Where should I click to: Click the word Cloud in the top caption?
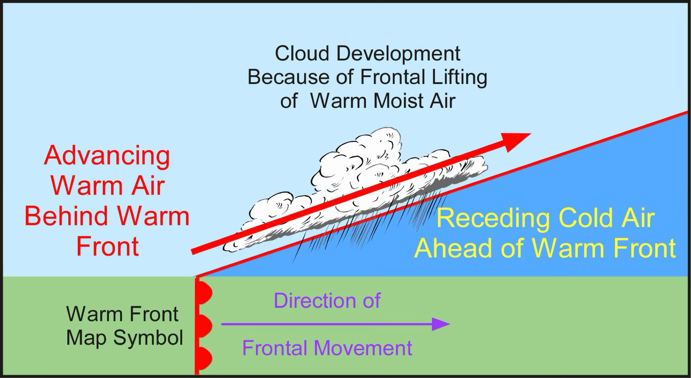(302, 54)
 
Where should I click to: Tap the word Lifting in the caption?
(459, 77)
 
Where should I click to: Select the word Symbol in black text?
(148, 338)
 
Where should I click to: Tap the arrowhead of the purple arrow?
(441, 324)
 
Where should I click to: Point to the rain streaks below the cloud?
(366, 225)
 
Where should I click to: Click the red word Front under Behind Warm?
(107, 247)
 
